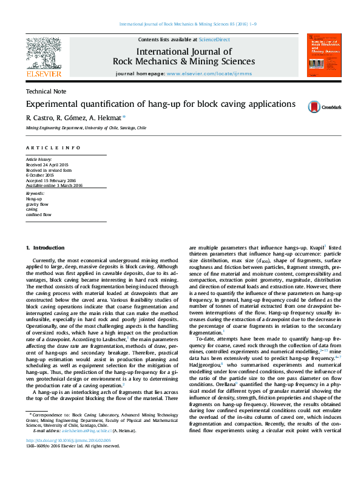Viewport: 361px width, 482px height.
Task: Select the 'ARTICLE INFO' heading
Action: [x=53, y=148]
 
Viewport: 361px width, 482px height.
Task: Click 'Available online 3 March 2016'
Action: [x=53, y=186]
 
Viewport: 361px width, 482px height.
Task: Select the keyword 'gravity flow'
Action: [x=37, y=204]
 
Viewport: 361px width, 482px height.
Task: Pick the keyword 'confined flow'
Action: [x=38, y=215]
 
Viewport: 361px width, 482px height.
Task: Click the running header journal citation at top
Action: [x=180, y=24]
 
